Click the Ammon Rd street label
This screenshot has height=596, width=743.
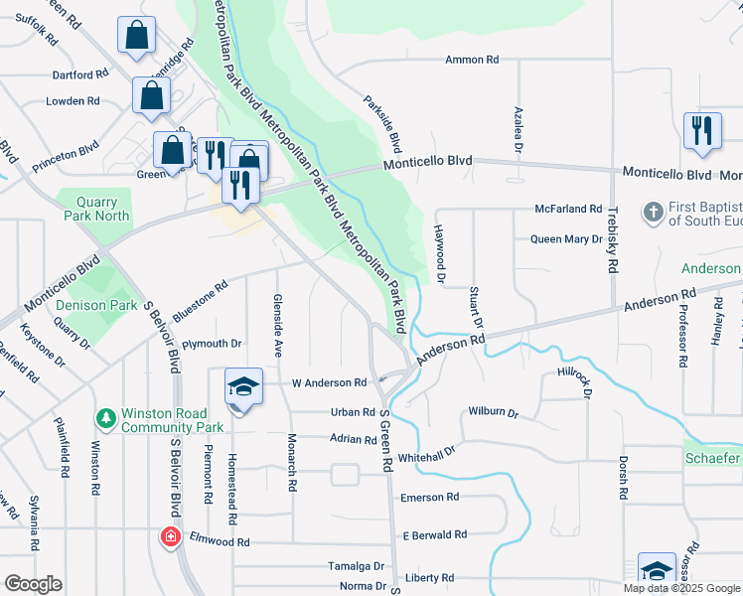click(472, 60)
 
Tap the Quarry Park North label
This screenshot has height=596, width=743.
click(97, 207)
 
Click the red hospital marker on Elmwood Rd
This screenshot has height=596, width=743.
click(171, 537)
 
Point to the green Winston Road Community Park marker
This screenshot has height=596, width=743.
click(104, 418)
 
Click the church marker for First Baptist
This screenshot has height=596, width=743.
click(653, 213)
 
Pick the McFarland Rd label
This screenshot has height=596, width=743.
click(568, 210)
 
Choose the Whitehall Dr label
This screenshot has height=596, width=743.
click(425, 453)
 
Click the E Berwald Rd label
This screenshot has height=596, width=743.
click(434, 534)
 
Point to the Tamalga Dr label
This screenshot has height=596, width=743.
click(356, 566)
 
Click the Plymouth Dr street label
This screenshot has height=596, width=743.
click(212, 344)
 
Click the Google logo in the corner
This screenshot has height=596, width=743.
click(33, 583)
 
